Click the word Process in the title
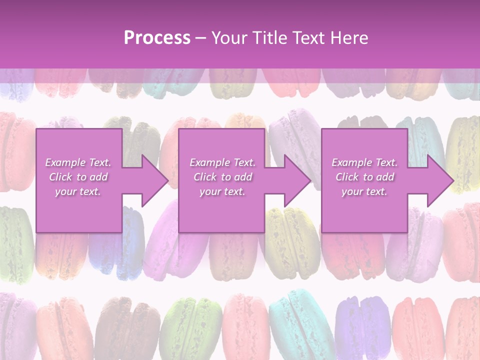pos(157,38)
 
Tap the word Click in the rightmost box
pos(348,177)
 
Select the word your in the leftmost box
pos(65,191)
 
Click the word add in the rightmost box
pos(385,177)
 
